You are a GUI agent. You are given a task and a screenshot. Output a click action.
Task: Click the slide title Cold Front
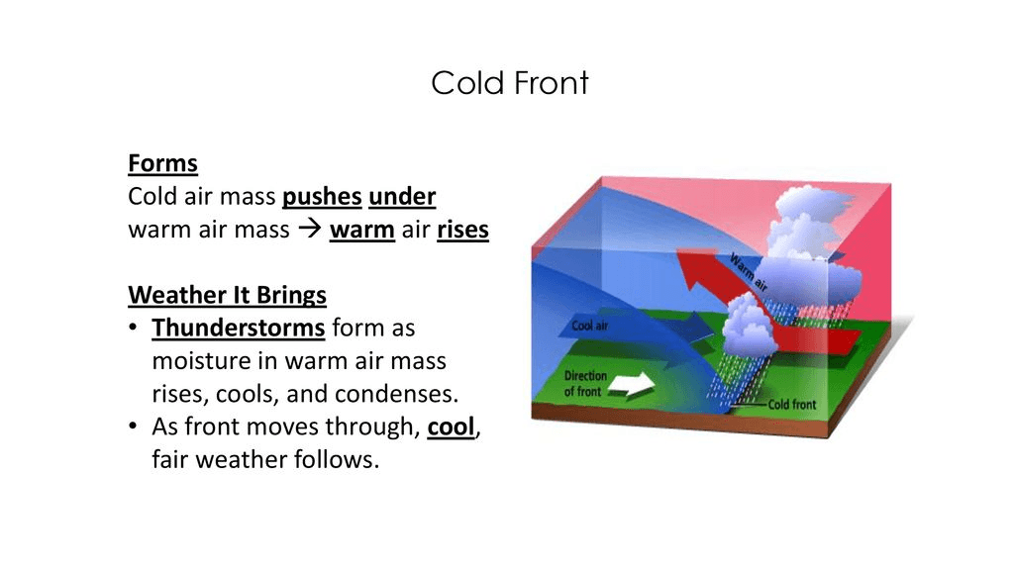pos(510,83)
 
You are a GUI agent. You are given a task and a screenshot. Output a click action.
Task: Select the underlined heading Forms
pos(163,163)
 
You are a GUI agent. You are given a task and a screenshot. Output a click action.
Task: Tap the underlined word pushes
pos(322,197)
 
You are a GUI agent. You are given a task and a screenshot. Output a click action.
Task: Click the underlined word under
pos(402,197)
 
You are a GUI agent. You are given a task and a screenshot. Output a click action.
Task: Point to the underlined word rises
pos(463,230)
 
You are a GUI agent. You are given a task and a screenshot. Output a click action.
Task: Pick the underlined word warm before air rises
pos(362,230)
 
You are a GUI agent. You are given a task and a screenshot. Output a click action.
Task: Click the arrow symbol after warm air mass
pos(310,229)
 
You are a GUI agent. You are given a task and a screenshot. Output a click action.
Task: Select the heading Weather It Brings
pos(227,295)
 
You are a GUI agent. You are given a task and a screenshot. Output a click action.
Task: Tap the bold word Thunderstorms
pos(238,328)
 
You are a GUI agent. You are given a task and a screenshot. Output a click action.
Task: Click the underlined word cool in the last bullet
pos(451,427)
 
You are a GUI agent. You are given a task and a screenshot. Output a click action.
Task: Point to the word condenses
pos(396,394)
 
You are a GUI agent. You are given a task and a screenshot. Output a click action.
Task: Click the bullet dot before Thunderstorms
pos(133,327)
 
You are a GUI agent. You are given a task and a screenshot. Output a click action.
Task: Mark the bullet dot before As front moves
pos(133,426)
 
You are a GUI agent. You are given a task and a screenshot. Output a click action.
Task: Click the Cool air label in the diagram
pos(590,326)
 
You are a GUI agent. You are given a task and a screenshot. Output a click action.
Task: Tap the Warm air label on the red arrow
pos(749,272)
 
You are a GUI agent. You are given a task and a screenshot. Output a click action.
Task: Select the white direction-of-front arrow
pos(632,385)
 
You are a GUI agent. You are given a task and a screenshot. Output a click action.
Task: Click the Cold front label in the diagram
pos(792,405)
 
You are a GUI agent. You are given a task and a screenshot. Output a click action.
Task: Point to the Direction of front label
pos(585,383)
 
